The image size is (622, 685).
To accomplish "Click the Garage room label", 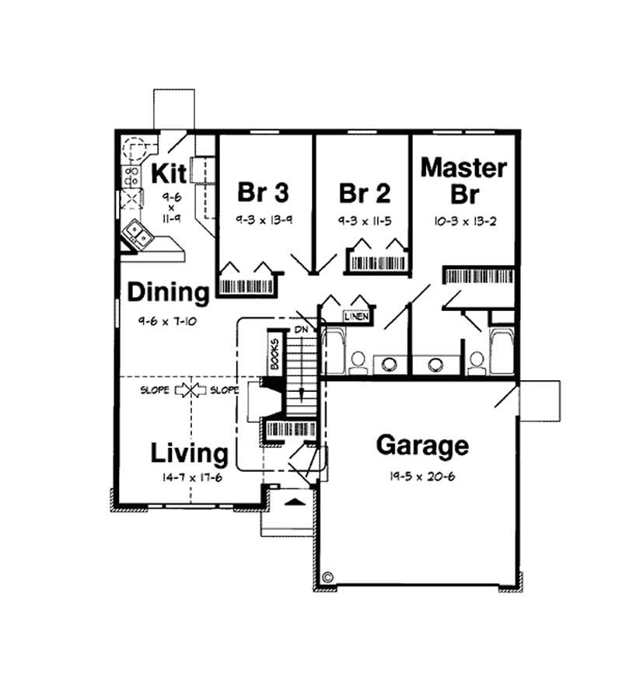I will pos(422,446).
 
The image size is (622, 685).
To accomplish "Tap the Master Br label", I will pos(464,180).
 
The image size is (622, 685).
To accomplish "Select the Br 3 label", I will pos(263,191).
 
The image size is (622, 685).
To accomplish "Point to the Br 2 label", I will pos(365,191).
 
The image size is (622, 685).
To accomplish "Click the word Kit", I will pos(167,173).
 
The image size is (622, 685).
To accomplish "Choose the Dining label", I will pos(169,293).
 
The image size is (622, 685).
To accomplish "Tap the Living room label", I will pos(189,453).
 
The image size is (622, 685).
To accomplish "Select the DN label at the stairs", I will pos(302,330).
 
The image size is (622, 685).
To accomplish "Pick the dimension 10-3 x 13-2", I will pos(465,220).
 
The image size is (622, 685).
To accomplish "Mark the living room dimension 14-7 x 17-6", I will pos(192,477).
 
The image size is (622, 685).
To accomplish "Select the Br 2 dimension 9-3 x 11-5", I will pos(365,220).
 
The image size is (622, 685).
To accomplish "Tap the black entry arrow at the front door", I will pos(293,503).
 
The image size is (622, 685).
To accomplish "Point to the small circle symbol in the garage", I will pos(328,578).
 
